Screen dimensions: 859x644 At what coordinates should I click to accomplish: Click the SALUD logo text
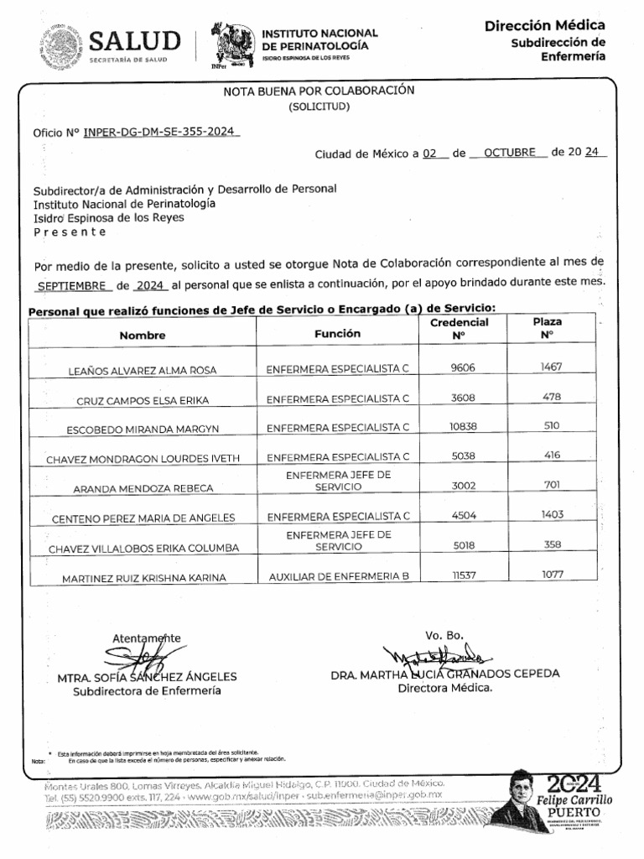coord(134,41)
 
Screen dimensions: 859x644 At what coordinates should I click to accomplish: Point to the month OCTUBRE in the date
coord(508,154)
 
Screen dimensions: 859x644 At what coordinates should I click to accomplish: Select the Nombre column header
coord(143,335)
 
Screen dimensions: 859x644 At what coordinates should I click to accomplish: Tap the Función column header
coord(337,333)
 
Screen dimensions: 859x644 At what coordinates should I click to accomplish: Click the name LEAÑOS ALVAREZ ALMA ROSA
coord(143,370)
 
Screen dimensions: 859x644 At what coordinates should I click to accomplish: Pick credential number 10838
coord(464,426)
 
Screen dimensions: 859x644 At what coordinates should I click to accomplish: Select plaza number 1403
coord(552,514)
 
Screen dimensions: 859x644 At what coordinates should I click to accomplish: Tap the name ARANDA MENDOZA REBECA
coord(143,487)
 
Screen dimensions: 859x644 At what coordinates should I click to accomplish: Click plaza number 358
coord(552,544)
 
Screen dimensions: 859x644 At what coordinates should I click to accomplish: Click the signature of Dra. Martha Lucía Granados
coord(437,655)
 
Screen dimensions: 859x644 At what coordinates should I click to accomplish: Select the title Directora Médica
coord(445,689)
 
